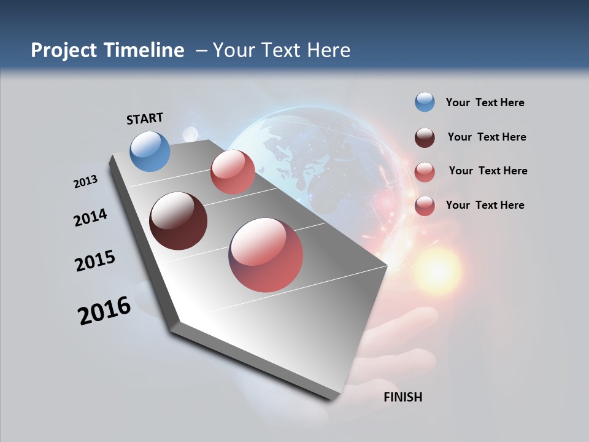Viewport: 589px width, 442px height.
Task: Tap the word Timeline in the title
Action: point(145,50)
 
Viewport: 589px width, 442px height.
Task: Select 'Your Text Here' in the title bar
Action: point(282,50)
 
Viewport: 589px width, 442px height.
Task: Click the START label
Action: point(145,118)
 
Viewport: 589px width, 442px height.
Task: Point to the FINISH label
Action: point(402,397)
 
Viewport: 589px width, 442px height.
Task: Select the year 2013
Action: point(85,182)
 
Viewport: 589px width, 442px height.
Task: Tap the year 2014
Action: point(90,218)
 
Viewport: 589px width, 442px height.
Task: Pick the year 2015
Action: point(95,261)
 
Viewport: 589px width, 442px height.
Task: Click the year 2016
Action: point(104,311)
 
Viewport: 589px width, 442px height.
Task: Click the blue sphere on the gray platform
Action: point(150,151)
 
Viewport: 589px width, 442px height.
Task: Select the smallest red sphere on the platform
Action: point(233,172)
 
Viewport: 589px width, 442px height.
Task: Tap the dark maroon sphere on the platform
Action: point(178,221)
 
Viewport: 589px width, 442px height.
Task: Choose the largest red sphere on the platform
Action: point(266,255)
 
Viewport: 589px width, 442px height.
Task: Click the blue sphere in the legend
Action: point(425,103)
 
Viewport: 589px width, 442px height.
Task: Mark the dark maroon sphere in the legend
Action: point(425,138)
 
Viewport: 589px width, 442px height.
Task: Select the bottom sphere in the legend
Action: point(425,206)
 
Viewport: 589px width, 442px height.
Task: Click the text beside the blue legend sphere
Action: point(485,103)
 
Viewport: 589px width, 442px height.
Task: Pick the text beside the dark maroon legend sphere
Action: point(487,137)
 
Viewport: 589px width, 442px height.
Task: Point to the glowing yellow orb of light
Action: point(437,270)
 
